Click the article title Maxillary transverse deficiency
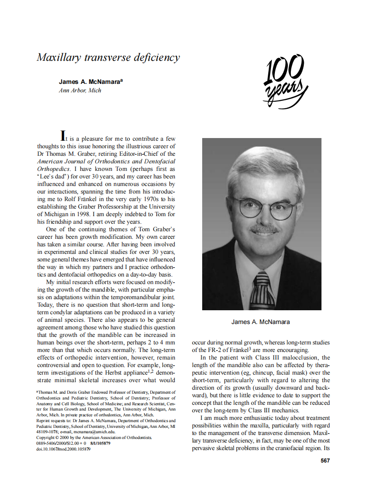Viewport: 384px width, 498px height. [x=108, y=58]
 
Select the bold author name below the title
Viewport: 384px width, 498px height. [x=91, y=82]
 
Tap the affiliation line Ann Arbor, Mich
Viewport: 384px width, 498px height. [x=80, y=90]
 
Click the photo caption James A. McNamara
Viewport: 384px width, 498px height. [x=261, y=322]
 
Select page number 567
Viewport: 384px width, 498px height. [x=325, y=461]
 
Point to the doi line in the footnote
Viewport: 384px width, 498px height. [x=63, y=449]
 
